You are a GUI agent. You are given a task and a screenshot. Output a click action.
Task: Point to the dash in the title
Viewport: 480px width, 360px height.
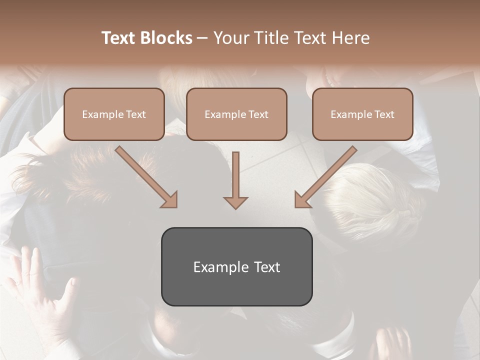202,38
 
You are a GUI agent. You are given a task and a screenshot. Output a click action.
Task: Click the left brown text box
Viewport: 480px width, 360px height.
114,114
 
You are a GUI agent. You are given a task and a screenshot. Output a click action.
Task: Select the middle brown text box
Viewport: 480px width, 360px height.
236,114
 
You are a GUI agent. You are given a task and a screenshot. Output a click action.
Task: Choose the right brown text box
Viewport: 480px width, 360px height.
362,114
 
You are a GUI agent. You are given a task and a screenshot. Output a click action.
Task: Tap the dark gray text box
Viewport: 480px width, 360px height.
236,266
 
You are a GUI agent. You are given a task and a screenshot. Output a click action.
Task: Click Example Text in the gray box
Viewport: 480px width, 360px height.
236,267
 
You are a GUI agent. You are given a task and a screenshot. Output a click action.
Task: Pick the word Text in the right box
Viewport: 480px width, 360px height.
384,114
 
